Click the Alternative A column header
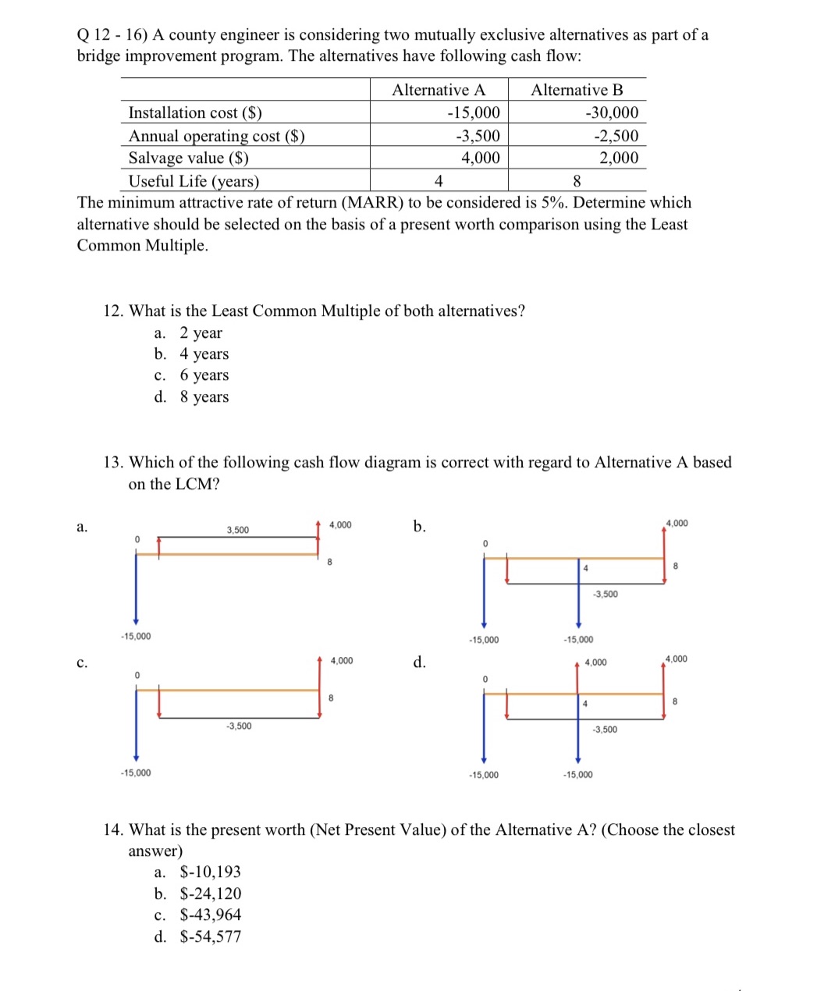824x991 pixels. tap(438, 90)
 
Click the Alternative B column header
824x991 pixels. tap(577, 90)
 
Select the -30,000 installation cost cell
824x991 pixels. tap(611, 112)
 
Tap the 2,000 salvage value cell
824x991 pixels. tap(618, 158)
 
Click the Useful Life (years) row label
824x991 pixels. tap(194, 181)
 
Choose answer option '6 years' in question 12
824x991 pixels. tap(204, 375)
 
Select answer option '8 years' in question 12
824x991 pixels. tap(204, 397)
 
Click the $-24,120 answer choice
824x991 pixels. tap(210, 893)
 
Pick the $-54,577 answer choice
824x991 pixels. tap(210, 936)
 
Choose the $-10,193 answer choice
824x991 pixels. tap(210, 872)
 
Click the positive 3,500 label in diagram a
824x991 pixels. tap(238, 530)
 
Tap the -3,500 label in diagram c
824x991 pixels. tap(239, 726)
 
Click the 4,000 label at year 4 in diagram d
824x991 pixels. tap(595, 662)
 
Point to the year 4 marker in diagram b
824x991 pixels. tap(585, 568)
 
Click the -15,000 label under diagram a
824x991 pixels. tap(136, 636)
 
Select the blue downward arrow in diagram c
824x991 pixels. tap(136, 726)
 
